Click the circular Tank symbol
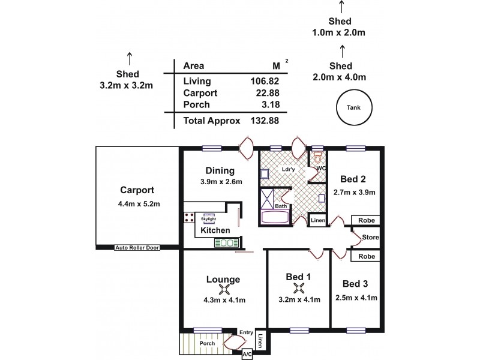[354, 107]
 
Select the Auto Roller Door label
[137, 247]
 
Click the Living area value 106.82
[264, 81]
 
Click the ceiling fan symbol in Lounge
[223, 290]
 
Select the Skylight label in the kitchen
[208, 219]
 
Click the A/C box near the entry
[247, 355]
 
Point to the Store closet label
[370, 238]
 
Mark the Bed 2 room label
[353, 179]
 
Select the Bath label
[280, 206]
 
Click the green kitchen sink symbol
[227, 243]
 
